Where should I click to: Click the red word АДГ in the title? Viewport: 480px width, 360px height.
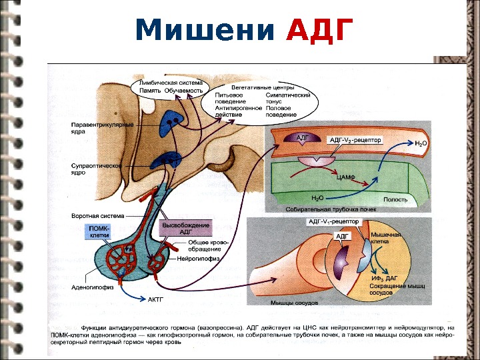coord(319,29)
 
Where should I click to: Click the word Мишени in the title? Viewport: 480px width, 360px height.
coord(205,29)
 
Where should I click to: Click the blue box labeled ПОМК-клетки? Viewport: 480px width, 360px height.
coord(99,231)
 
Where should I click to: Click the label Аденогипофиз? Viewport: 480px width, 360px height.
coord(93,288)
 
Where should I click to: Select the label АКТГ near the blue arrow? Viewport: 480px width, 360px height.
coord(156,299)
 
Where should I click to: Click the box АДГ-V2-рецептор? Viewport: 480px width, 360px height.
coord(356,141)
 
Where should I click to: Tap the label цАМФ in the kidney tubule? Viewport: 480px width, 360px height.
coord(345,178)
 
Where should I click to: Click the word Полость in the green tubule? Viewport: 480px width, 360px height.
coord(395,199)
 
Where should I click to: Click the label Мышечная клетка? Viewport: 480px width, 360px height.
coord(385,239)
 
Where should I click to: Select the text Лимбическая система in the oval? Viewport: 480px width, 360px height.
coord(171,83)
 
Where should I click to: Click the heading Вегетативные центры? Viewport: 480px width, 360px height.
coord(263,87)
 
